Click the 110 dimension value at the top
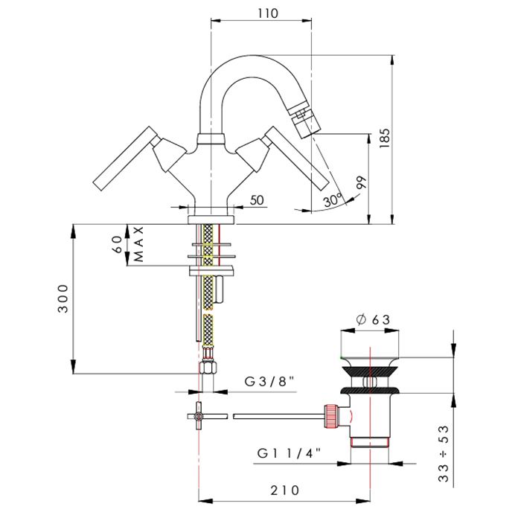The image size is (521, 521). point(268,13)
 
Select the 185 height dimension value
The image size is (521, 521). point(385,138)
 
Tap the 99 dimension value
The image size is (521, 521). point(362,182)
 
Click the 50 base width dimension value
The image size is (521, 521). point(257,200)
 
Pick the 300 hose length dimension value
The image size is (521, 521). point(63,298)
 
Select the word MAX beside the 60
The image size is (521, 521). point(138,244)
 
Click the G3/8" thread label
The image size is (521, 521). point(269,381)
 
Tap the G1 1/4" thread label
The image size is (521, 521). point(289,453)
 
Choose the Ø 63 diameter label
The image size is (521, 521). point(373,319)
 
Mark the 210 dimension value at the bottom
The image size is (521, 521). point(285,490)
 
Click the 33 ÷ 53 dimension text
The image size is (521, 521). point(444,453)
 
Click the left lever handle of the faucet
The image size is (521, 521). point(125,158)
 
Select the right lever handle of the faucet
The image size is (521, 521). point(297,159)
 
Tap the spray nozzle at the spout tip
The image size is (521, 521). point(301,121)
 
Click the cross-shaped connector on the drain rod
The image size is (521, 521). point(199,416)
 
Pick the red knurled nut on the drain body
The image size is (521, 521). point(331,416)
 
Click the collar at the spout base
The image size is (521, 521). point(211,139)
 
